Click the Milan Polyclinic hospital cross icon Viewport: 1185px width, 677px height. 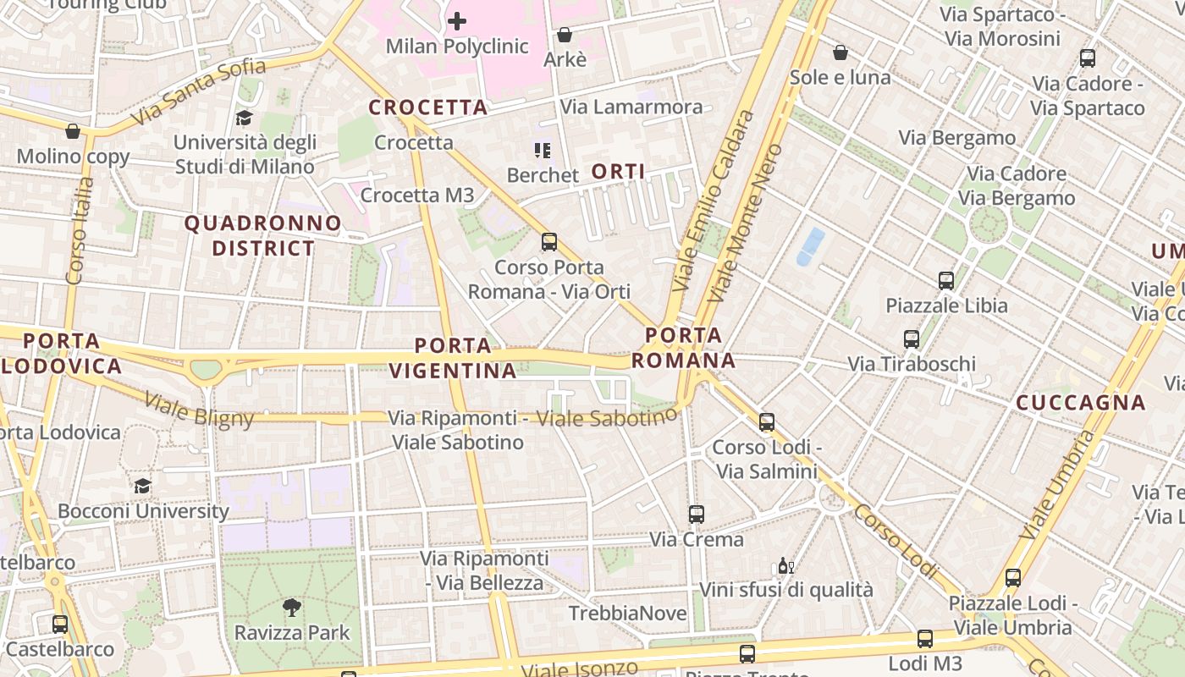click(457, 20)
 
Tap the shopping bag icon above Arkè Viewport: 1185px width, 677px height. click(564, 35)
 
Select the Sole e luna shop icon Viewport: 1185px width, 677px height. click(841, 52)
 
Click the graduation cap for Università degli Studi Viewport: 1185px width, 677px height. click(244, 118)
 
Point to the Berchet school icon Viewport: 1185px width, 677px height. click(543, 151)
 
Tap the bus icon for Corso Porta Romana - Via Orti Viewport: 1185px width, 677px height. click(549, 242)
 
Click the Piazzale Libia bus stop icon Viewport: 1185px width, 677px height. click(946, 280)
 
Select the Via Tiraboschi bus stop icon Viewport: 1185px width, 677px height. click(912, 339)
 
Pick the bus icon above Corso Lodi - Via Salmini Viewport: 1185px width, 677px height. click(767, 422)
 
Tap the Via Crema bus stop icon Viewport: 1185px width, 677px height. click(697, 514)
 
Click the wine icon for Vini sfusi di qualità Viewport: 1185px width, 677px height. click(785, 566)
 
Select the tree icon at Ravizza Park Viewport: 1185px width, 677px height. click(292, 607)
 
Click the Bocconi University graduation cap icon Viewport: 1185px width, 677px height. click(142, 486)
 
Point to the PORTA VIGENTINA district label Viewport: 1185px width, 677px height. click(453, 358)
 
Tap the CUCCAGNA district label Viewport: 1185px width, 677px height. click(1081, 403)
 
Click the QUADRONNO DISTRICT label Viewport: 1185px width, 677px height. click(263, 236)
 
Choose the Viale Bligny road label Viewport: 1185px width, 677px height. click(199, 410)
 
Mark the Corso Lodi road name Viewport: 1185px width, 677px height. click(896, 541)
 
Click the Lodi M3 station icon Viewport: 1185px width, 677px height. click(925, 639)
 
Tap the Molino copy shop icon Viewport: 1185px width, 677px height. click(73, 131)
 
